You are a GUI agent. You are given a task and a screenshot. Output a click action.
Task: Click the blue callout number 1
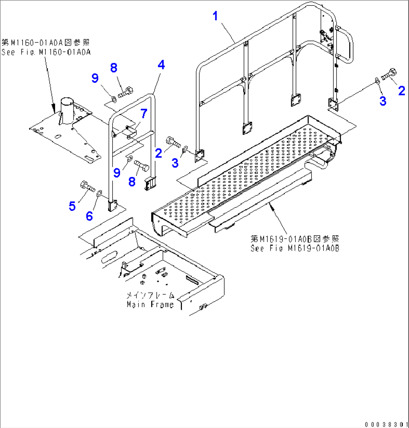pyautogui.click(x=215, y=16)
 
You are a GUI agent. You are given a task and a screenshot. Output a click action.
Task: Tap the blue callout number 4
pyautogui.click(x=161, y=65)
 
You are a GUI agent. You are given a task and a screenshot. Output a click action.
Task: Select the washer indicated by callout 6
pyautogui.click(x=99, y=194)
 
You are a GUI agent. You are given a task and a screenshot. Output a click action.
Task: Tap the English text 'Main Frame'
pyautogui.click(x=150, y=304)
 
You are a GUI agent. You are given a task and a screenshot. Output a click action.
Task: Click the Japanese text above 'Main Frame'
pyautogui.click(x=150, y=295)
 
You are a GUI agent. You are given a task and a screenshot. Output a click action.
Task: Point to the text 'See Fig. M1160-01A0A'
pyautogui.click(x=46, y=53)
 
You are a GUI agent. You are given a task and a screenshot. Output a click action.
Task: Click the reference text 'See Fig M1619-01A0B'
pyautogui.click(x=295, y=248)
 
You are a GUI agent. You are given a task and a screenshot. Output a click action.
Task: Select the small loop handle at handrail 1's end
pyautogui.click(x=346, y=45)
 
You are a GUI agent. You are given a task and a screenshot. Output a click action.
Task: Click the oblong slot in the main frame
pyautogui.click(x=109, y=258)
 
